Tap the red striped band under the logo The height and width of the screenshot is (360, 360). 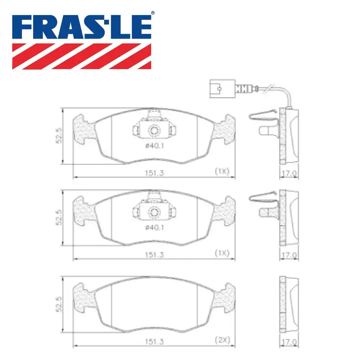coord(82,56)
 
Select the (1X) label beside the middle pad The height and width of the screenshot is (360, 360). coord(222,253)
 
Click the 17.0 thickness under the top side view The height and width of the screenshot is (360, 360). coord(289,174)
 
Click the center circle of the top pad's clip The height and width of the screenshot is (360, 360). coord(154,130)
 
